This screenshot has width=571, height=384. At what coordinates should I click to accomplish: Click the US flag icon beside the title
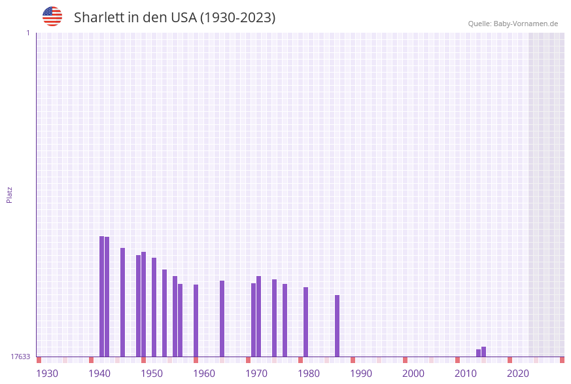[x=52, y=16]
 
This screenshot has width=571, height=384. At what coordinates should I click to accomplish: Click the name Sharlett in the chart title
[x=99, y=18]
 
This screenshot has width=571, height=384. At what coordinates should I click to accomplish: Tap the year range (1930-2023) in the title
[x=237, y=18]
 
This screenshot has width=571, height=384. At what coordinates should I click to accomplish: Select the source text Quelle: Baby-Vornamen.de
[x=513, y=24]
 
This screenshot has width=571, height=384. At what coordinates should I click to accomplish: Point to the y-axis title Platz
[x=9, y=194]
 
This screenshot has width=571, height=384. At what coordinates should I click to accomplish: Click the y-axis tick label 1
[x=27, y=33]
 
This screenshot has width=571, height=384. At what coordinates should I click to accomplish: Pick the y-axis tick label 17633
[x=20, y=357]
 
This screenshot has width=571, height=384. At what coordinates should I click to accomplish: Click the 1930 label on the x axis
[x=47, y=373]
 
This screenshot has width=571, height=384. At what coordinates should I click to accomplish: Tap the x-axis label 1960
[x=204, y=373]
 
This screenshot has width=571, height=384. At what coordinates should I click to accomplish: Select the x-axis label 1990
[x=361, y=373]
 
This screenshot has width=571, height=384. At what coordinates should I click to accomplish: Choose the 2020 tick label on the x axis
[x=518, y=373]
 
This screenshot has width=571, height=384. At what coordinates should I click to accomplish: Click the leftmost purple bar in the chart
[x=101, y=296]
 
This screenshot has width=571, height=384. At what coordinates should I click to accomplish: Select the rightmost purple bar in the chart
[x=484, y=352]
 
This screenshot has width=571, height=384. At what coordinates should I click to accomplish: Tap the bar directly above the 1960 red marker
[x=196, y=321]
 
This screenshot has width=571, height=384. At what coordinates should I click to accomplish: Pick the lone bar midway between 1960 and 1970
[x=222, y=319]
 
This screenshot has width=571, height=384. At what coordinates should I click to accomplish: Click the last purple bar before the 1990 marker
[x=337, y=326]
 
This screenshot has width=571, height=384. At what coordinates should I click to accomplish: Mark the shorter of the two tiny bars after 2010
[x=478, y=353]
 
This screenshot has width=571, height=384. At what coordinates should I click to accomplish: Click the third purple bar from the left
[x=122, y=302]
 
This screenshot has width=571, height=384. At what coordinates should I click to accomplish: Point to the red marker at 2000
[x=405, y=360]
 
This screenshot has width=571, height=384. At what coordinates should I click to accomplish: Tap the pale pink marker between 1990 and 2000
[x=379, y=360]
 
